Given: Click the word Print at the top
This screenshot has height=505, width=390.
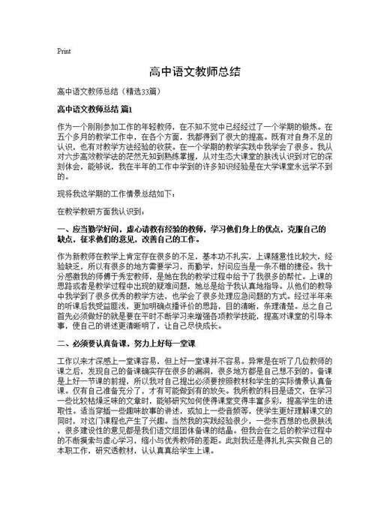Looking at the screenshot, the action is coord(64,52).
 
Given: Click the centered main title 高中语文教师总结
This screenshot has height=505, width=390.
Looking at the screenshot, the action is coord(194,71).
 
